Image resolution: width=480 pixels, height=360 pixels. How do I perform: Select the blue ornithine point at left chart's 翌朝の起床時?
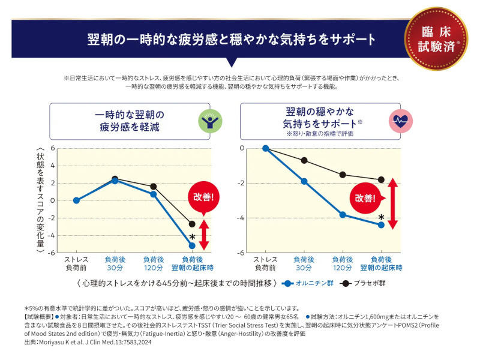click(x=192, y=245)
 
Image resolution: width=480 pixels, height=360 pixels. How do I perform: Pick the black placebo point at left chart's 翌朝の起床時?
click(x=192, y=224)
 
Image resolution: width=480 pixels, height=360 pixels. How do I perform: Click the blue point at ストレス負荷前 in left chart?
click(x=76, y=200)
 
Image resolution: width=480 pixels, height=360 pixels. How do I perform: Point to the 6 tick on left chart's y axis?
click(x=53, y=148)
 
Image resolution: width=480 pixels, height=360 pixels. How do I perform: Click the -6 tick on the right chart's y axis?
click(x=241, y=253)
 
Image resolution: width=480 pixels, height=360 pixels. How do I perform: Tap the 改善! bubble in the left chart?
click(x=204, y=197)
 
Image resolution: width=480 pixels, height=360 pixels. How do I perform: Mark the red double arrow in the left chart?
click(x=204, y=235)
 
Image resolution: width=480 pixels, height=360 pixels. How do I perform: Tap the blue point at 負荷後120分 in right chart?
click(x=343, y=214)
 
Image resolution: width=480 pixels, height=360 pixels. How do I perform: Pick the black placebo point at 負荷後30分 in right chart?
click(x=304, y=160)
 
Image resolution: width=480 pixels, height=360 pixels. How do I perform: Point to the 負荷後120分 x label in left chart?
click(x=154, y=262)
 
